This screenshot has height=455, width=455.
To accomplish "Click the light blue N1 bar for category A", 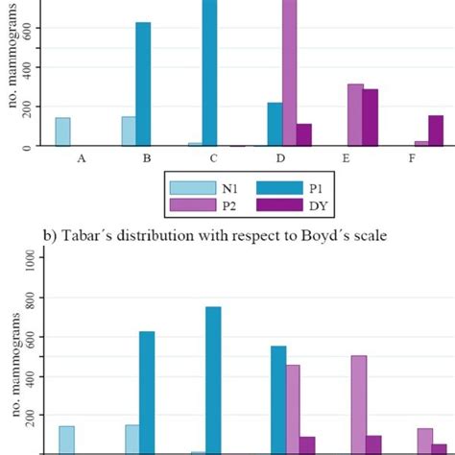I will pyautogui.click(x=62, y=132).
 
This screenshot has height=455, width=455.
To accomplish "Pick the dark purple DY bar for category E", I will pyautogui.click(x=370, y=117).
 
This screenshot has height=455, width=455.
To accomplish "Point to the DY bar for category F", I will pyautogui.click(x=436, y=131).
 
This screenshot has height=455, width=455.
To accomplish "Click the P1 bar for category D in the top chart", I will pyautogui.click(x=275, y=124).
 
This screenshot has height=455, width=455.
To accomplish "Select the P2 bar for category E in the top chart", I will pyautogui.click(x=355, y=114).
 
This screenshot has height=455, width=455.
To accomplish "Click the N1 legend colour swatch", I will pyautogui.click(x=187, y=188).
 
